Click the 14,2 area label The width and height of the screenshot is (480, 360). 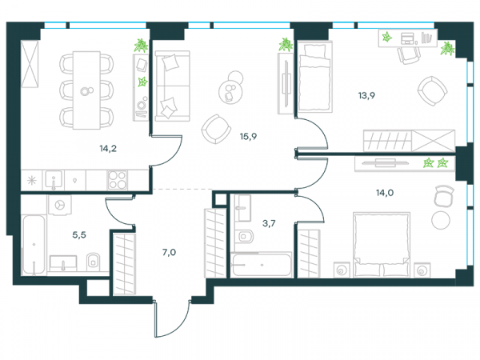click(108, 149)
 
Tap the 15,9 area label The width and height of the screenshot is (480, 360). click(248, 137)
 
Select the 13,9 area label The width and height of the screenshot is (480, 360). click(366, 95)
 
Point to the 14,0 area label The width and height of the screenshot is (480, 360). click(385, 193)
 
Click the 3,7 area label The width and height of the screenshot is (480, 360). click(269, 223)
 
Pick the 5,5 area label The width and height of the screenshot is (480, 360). click(79, 234)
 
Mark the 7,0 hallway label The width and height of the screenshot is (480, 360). click(169, 252)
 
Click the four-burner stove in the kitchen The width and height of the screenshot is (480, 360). click(118, 180)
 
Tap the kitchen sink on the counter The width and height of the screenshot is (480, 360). click(54, 180)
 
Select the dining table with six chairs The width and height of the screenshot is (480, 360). click(86, 90)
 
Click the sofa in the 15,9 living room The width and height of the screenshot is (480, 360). click(172, 86)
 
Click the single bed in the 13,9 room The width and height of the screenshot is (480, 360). click(315, 77)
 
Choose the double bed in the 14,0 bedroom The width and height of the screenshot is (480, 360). click(382, 245)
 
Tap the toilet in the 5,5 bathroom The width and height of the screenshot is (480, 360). click(93, 262)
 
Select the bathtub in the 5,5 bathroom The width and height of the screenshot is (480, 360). click(34, 245)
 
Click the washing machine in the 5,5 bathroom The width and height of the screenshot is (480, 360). click(60, 205)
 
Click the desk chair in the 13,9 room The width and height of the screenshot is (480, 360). click(410, 55)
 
